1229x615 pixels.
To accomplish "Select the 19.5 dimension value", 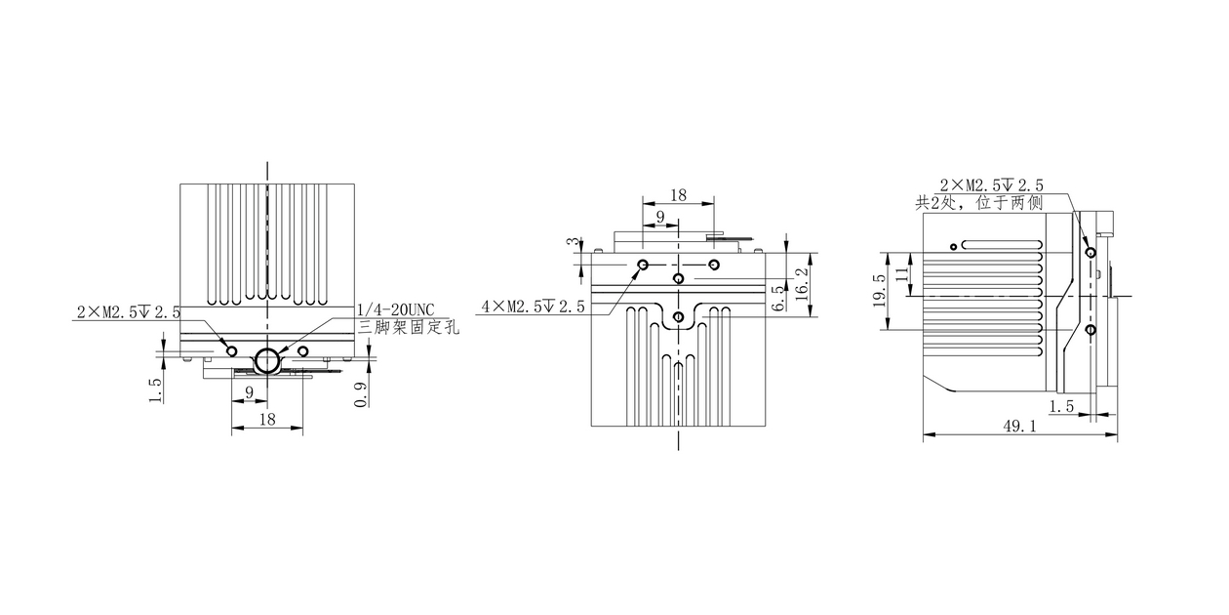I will click(880, 290).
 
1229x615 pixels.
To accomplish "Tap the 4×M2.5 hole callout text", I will click(533, 307).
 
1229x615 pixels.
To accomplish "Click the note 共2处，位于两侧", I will click(978, 203).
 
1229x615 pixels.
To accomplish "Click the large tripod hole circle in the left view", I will click(266, 360).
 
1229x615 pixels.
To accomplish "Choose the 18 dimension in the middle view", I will click(678, 195).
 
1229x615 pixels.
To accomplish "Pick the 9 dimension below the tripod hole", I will click(250, 392).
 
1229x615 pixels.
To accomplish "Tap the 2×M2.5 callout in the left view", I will click(129, 312).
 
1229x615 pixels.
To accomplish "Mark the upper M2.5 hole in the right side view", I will click(1090, 252).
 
